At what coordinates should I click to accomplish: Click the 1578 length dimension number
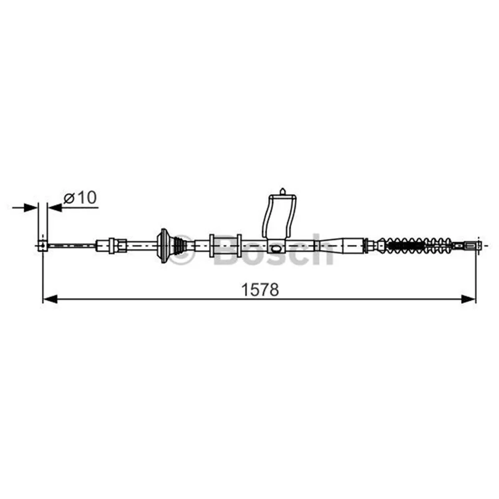pos(260,289)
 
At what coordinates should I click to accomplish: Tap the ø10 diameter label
pos(80,198)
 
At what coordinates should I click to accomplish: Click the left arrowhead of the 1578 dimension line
pos(50,299)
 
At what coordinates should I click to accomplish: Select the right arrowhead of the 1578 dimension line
pos(468,299)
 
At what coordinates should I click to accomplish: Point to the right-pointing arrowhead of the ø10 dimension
pos(31,208)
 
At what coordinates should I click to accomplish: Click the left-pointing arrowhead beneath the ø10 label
pos(55,208)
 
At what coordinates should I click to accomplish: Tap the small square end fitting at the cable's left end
pos(42,245)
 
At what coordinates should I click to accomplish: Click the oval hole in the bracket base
pos(276,248)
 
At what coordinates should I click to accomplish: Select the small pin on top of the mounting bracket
pos(283,191)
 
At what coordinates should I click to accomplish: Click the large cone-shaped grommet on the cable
pos(165,245)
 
